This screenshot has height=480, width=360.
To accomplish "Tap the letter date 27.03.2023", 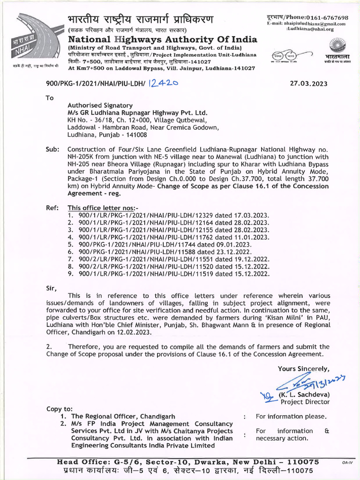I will point(309,84).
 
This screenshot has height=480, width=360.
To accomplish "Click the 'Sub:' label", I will point(52,150).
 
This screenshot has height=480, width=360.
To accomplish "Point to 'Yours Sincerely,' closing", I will point(303,369).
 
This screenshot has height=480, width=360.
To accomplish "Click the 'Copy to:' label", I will point(60,409).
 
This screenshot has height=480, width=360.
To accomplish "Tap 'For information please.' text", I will point(291,416).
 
